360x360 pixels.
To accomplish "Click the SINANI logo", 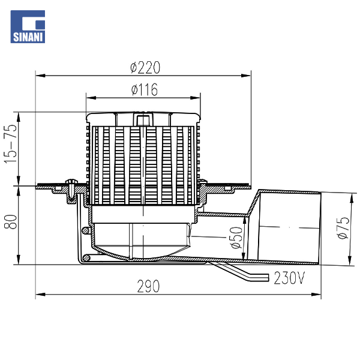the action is pyautogui.click(x=28, y=26).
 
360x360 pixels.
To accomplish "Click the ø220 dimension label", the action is pyautogui.click(x=145, y=67).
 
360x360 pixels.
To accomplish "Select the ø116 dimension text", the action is pyautogui.click(x=145, y=89).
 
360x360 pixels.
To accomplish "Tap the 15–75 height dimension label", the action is pyautogui.click(x=11, y=144).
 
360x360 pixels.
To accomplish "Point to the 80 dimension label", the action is pyautogui.click(x=11, y=222).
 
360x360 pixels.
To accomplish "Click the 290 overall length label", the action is pyautogui.click(x=148, y=286).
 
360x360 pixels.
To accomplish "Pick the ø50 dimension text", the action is pyautogui.click(x=236, y=238).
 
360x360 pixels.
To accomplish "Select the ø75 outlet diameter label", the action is pyautogui.click(x=343, y=228).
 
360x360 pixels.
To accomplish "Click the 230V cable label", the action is pyautogui.click(x=289, y=278).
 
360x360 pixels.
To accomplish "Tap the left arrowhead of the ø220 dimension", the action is pyautogui.click(x=40, y=76).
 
